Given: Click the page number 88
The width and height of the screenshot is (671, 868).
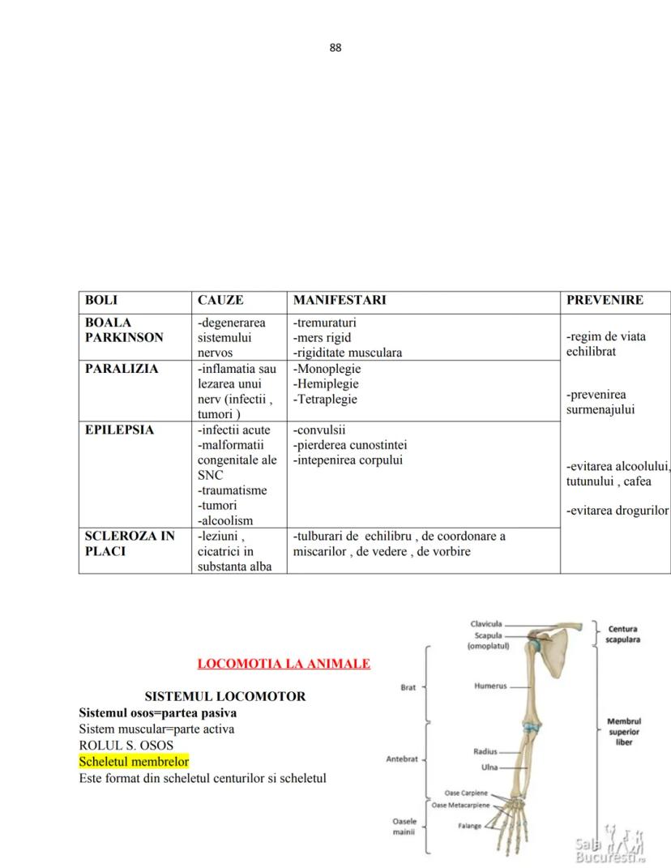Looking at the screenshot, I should pos(335,47).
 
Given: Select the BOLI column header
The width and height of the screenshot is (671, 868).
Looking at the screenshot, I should pos(101,300).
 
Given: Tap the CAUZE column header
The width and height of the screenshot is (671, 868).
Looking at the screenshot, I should pos(220,300).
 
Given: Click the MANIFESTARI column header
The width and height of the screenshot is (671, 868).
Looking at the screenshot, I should pos(340,300).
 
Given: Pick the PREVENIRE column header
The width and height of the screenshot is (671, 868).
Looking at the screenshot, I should pos(605,300).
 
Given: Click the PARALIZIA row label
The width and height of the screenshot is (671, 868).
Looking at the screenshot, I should pos(122,369).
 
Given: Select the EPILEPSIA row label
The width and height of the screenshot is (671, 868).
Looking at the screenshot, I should pos(119,430).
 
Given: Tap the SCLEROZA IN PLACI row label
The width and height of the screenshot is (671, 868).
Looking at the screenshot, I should pos(130,544).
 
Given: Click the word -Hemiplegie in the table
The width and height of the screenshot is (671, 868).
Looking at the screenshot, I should pos(326,384).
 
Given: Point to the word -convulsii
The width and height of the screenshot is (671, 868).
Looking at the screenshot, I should pos(319,430).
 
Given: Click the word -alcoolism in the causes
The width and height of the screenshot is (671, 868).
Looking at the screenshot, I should pos(225,521).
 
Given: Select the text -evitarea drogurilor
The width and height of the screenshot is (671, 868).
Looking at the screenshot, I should pos(618,511).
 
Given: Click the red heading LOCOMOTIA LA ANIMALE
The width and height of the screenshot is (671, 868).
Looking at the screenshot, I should pos(284,664).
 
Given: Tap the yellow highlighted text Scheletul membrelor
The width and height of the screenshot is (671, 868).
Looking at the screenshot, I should pos(134,762).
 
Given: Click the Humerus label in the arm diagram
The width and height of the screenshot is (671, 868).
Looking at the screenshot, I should pos(490,686).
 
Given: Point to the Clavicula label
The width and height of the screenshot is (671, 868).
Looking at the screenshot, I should pos(486,624).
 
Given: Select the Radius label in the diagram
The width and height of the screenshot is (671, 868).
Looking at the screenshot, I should pos(485,752).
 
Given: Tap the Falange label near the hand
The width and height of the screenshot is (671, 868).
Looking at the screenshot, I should pos(469,827).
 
